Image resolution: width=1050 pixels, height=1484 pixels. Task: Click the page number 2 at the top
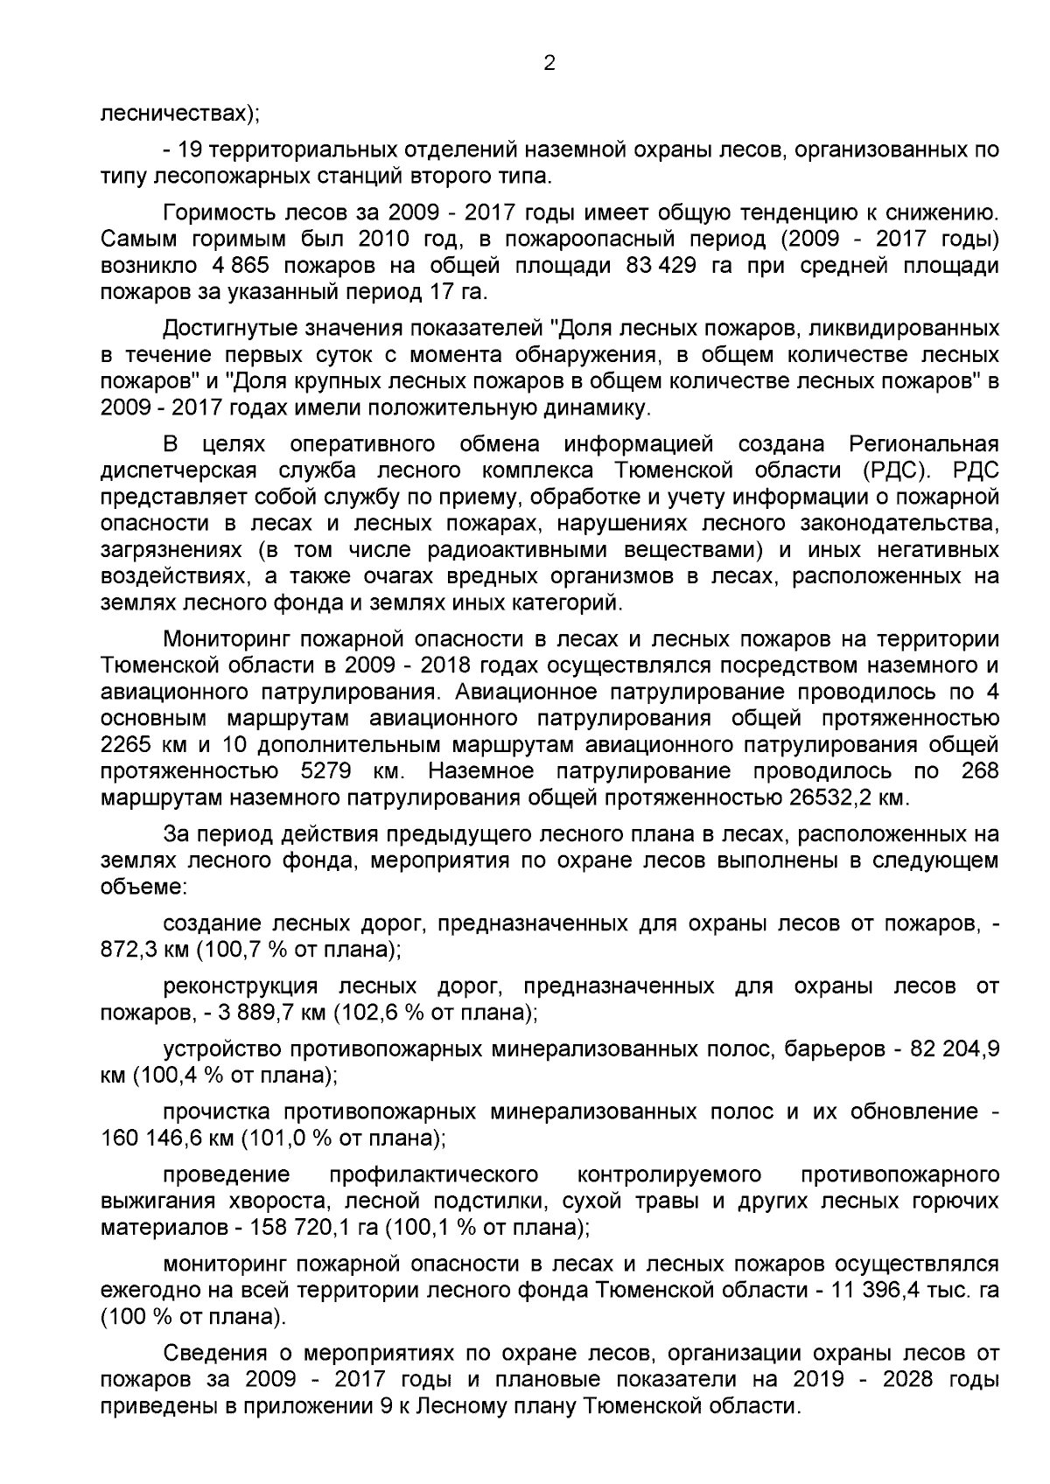point(549,63)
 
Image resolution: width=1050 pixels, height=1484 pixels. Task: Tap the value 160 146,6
point(167,1139)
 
